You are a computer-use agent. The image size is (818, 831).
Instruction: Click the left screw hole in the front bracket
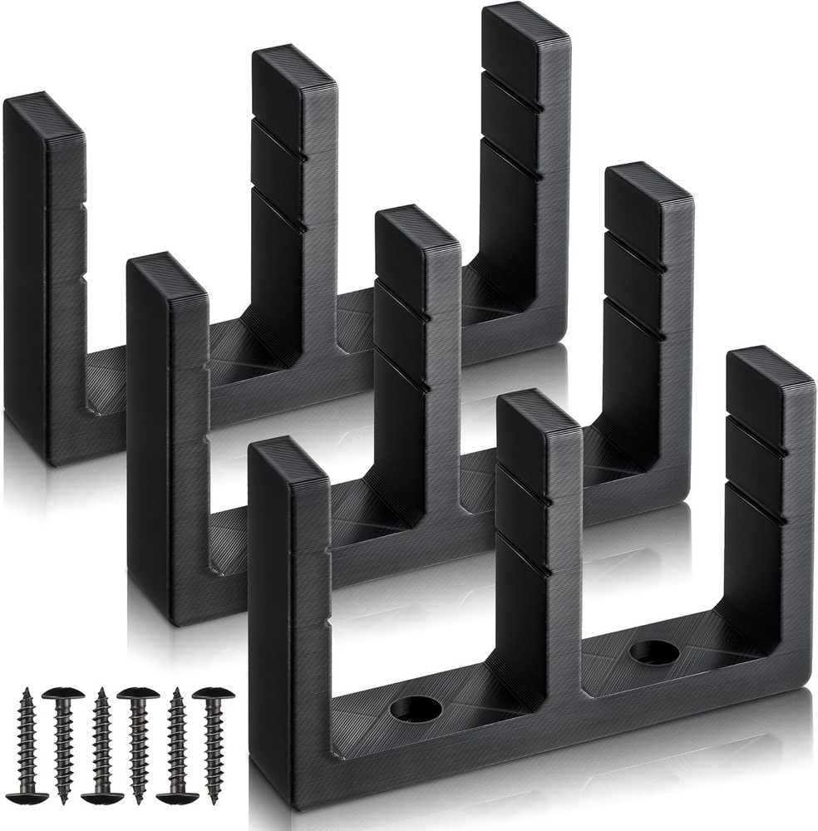tap(416, 709)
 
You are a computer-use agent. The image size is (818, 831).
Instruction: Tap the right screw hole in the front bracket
tap(653, 652)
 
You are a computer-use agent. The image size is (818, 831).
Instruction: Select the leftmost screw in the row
tap(27, 745)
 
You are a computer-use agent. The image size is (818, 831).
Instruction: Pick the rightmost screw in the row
tap(213, 745)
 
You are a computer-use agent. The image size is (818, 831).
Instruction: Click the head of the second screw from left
tap(64, 693)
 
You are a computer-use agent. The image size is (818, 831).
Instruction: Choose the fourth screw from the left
tap(138, 745)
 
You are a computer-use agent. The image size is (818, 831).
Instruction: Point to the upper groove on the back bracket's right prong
tap(512, 91)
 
